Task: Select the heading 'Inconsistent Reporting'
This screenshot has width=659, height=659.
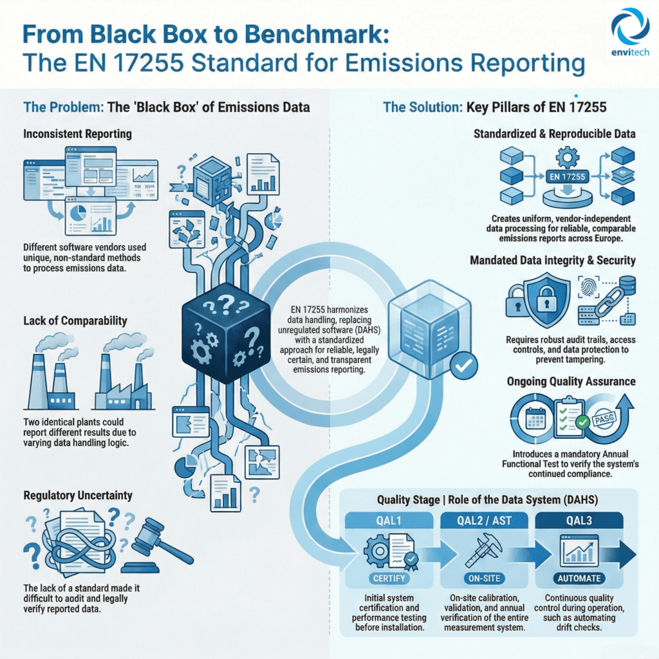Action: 78,134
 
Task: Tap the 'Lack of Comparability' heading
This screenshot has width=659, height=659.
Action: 75,320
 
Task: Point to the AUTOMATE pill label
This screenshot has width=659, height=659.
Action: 581,578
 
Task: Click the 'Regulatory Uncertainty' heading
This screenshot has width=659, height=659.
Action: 79,496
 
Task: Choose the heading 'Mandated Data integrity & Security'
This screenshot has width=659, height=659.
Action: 553,261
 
